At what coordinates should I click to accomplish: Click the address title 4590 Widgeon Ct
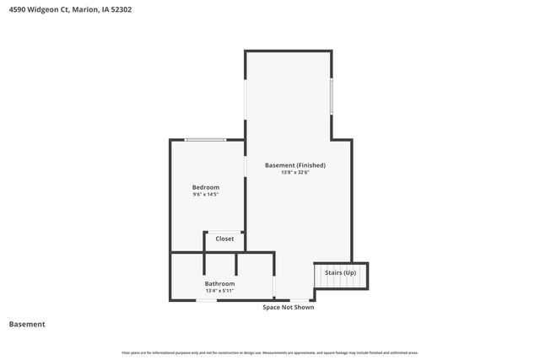click(70, 10)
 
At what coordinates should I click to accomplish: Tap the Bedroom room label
click(206, 187)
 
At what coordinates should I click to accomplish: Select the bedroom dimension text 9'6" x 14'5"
click(206, 195)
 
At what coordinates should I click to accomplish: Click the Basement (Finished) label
click(295, 165)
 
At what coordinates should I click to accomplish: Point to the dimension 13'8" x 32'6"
click(295, 173)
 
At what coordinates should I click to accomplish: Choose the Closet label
click(224, 239)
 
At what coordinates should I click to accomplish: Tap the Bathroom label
click(219, 283)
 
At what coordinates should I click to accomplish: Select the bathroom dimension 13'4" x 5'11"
click(219, 291)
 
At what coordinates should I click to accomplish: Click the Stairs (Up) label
click(341, 272)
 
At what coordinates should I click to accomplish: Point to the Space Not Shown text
click(288, 307)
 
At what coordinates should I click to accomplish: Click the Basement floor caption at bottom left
click(27, 324)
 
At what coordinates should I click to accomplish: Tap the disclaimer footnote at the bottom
click(270, 352)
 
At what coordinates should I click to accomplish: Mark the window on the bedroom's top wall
click(205, 140)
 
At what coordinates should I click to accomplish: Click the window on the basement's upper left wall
click(246, 101)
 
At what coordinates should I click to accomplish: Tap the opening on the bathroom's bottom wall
click(208, 300)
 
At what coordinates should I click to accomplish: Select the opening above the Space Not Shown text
click(299, 300)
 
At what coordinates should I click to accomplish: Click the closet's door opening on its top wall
click(224, 232)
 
